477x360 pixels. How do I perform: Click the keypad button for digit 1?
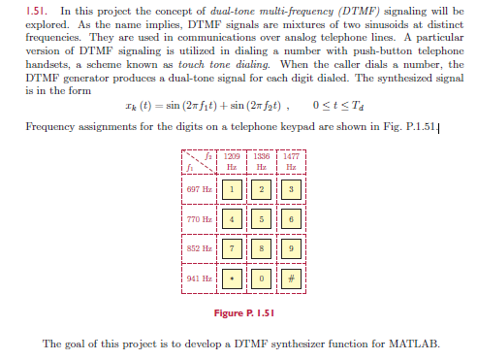click(x=232, y=189)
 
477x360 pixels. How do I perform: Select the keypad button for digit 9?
click(x=291, y=248)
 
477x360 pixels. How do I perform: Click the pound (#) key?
click(x=291, y=278)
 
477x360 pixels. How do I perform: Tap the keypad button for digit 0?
click(x=261, y=278)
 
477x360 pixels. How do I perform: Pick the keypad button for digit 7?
click(x=232, y=248)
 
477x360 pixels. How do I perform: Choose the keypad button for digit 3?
click(x=291, y=189)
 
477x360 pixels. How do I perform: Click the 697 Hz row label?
click(x=199, y=189)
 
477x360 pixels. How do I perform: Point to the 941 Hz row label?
click(x=199, y=278)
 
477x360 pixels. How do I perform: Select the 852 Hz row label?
click(x=199, y=248)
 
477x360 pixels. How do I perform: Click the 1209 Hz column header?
click(x=232, y=161)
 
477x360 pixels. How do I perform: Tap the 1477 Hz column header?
click(x=291, y=161)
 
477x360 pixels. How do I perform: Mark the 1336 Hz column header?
click(x=261, y=161)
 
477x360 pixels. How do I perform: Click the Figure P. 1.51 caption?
click(x=244, y=313)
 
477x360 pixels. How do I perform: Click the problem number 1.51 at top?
click(x=37, y=11)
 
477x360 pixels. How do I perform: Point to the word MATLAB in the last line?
click(x=414, y=344)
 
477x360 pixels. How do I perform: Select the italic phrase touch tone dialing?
click(x=224, y=64)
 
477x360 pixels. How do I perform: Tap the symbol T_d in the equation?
click(x=358, y=106)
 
